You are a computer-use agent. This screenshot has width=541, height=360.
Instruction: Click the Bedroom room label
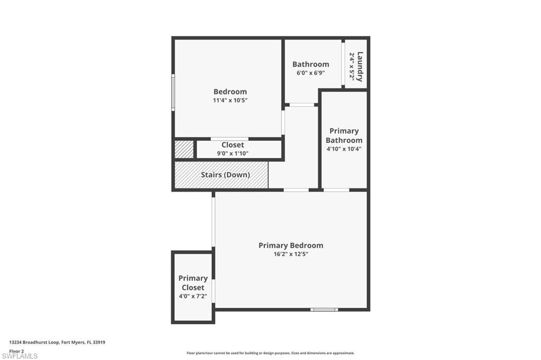230,92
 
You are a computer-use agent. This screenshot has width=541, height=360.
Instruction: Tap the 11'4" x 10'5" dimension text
230,100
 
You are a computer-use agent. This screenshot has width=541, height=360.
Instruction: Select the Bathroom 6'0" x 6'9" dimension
311,73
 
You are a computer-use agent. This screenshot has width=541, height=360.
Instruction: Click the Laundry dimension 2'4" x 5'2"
352,66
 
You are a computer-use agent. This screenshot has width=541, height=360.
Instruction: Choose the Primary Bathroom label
344,136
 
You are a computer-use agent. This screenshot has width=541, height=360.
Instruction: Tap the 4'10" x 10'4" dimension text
344,149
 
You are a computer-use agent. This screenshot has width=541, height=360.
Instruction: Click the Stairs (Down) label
225,175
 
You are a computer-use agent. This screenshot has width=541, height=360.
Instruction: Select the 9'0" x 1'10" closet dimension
232,154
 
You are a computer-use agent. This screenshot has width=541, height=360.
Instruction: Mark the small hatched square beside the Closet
184,150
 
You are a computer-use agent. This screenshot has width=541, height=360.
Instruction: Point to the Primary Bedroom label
291,245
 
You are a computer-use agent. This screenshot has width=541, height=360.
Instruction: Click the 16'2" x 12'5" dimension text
291,254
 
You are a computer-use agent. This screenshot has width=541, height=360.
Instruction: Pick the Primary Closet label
193,283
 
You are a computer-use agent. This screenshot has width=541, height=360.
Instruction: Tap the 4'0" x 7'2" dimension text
193,296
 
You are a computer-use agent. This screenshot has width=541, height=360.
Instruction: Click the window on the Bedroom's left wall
173,92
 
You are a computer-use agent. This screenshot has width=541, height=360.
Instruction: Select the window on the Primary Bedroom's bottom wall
324,310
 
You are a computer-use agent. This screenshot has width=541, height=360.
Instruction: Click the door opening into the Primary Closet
213,291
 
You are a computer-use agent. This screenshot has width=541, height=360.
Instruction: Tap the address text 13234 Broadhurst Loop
34,343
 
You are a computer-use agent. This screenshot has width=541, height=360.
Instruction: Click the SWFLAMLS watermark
20,356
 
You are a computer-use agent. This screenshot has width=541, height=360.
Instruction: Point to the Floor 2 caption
16,351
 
